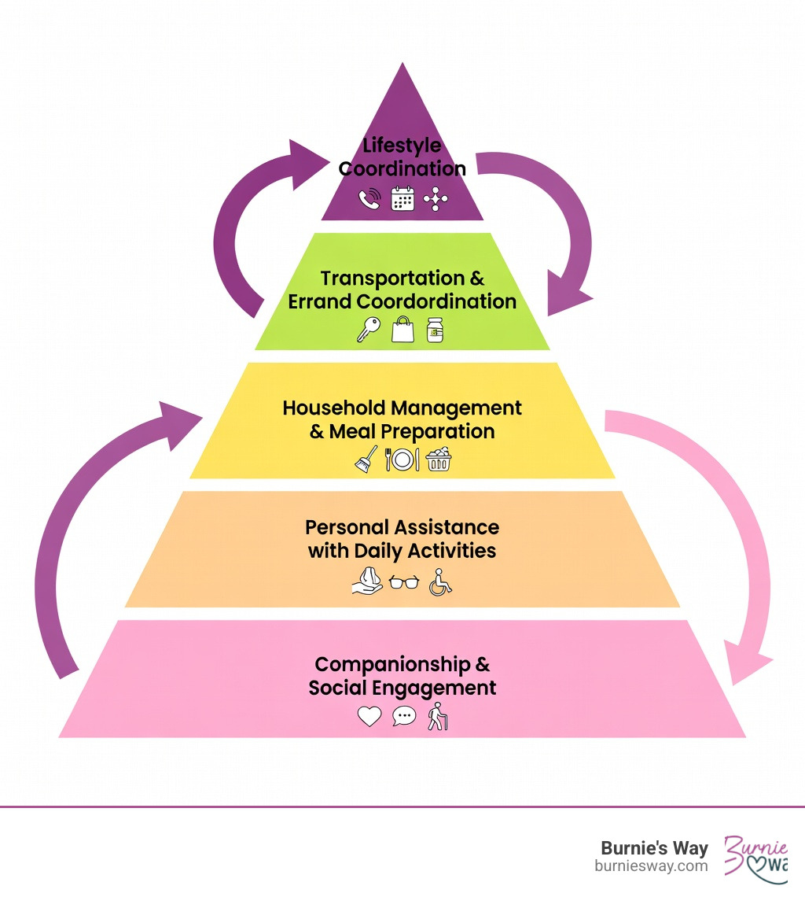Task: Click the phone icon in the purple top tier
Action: coord(369,198)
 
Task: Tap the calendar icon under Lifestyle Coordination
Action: coord(402,198)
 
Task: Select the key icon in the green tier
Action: coord(367,329)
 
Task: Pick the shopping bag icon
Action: coord(402,328)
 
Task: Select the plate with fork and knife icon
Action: coord(402,460)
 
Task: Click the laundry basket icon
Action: coord(439,460)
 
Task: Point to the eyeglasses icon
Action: coord(404,583)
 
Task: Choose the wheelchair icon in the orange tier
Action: coord(440,583)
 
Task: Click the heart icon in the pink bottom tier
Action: coord(369,716)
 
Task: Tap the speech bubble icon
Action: coord(403,716)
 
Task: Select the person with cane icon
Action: coord(437,717)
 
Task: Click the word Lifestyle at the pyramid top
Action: coord(402,146)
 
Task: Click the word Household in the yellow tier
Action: coord(334,408)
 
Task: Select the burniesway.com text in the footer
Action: coord(651,866)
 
